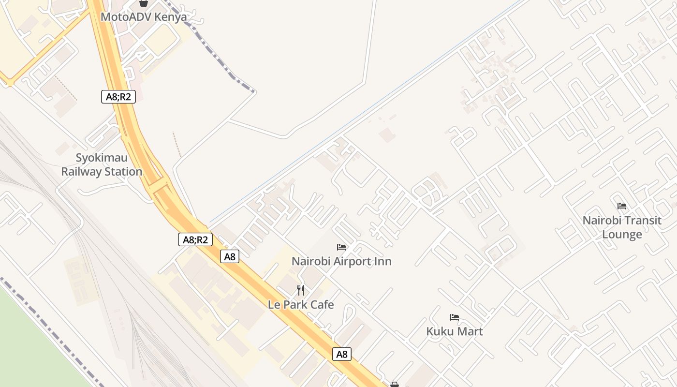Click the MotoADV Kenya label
(x=144, y=17)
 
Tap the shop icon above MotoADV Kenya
(x=144, y=3)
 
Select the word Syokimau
(x=102, y=158)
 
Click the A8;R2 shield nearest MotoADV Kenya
(x=118, y=97)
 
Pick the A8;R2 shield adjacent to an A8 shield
(x=195, y=239)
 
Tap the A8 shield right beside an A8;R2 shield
(x=230, y=257)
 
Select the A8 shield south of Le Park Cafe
(x=342, y=355)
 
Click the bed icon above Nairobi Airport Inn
(x=341, y=247)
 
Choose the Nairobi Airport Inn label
(x=341, y=261)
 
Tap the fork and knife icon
(x=301, y=290)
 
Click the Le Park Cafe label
(x=301, y=305)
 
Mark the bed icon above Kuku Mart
(x=455, y=317)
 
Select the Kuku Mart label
(x=455, y=331)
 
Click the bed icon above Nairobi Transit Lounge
(x=622, y=206)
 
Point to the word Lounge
(x=622, y=235)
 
